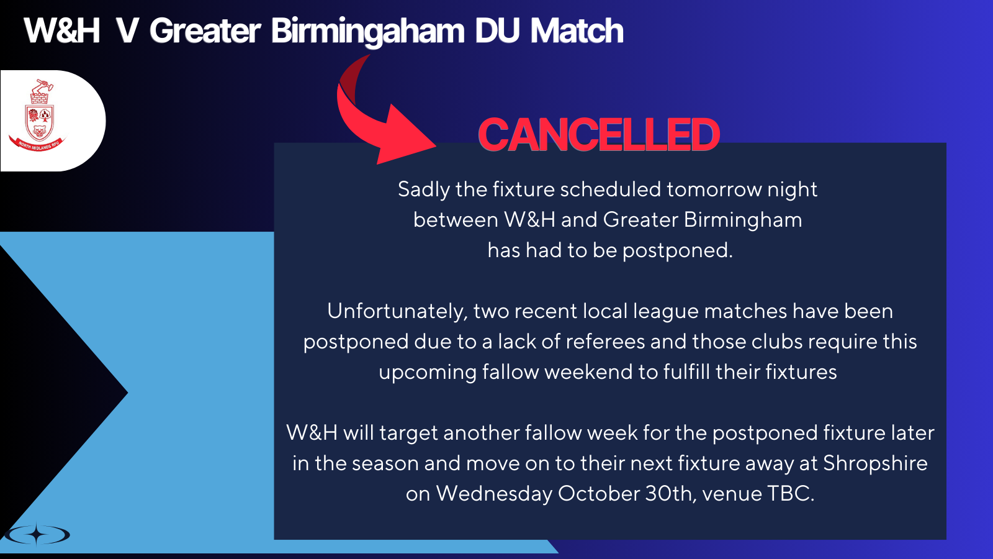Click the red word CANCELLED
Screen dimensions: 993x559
(x=599, y=135)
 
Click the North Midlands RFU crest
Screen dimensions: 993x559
(x=38, y=116)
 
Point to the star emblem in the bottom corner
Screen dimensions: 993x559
(x=38, y=534)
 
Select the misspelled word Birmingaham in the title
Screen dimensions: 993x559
(x=367, y=31)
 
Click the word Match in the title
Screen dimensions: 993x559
(x=577, y=30)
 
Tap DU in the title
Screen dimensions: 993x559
(x=497, y=30)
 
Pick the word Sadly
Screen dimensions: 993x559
(x=423, y=190)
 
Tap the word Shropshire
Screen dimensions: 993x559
(x=876, y=463)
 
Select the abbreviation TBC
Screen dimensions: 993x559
(x=791, y=493)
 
